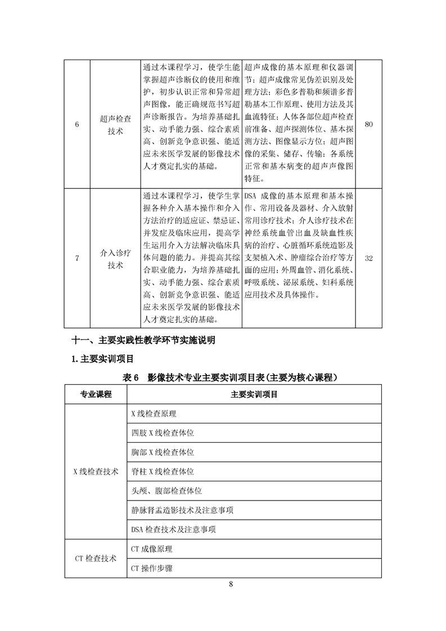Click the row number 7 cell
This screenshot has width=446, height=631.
coord(77,258)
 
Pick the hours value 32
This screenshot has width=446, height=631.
coord(369,258)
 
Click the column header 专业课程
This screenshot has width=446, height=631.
coord(96,394)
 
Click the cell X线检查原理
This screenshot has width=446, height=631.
coord(154,413)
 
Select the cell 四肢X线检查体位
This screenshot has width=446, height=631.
coord(163,432)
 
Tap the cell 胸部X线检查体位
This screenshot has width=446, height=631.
coord(163,452)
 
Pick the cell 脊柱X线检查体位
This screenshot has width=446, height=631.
coord(163,471)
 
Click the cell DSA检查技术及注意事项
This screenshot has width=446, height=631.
coord(173,529)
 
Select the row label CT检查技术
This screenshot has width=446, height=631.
coord(96,558)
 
